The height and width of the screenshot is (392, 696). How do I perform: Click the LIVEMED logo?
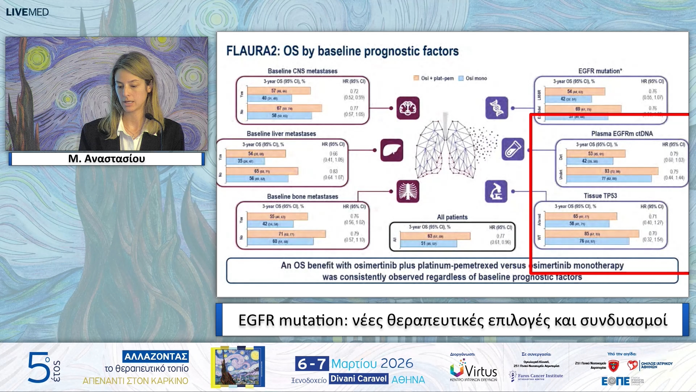[27, 12]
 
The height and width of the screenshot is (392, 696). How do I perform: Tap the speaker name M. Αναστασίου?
[107, 159]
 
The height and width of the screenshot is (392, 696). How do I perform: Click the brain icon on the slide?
[408, 108]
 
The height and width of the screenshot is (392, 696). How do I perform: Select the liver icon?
[391, 150]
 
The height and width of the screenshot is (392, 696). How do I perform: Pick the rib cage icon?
[408, 191]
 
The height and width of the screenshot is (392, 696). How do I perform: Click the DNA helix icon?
[496, 108]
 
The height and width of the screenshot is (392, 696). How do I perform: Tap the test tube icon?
[513, 149]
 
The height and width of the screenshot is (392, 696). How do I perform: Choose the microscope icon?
[496, 191]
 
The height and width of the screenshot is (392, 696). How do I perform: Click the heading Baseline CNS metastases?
[302, 71]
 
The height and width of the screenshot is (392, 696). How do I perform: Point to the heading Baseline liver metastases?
[281, 134]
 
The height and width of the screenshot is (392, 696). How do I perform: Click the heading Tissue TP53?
[600, 196]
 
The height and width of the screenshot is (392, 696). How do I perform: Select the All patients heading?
[452, 217]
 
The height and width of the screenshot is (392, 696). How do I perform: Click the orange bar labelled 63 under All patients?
[435, 236]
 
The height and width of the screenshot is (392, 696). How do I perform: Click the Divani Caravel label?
[359, 379]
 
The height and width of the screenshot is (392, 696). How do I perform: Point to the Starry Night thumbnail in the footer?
[238, 367]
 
